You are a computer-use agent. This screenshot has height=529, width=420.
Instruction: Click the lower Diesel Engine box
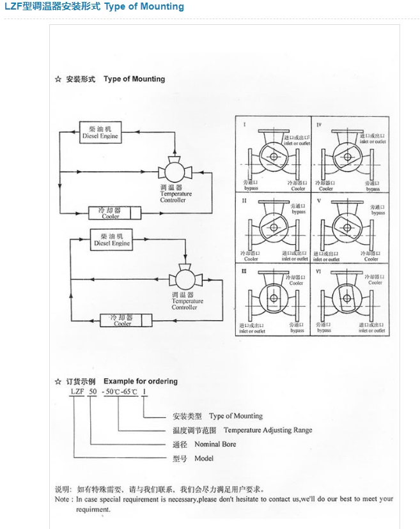111,240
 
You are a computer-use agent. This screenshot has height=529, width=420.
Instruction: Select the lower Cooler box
123,320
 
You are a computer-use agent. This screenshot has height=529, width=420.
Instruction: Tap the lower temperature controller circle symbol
183,280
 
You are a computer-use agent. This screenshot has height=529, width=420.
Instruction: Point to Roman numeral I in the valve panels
244,123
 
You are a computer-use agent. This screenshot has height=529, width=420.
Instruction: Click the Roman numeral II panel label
244,201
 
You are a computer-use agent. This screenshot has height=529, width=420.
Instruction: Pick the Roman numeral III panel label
244,272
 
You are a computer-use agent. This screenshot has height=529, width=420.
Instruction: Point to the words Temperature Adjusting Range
268,430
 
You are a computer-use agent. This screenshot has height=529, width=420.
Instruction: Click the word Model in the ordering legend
204,458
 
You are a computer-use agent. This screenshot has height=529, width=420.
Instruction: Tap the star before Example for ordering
59,381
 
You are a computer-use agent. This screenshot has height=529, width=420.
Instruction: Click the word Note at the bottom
63,499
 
